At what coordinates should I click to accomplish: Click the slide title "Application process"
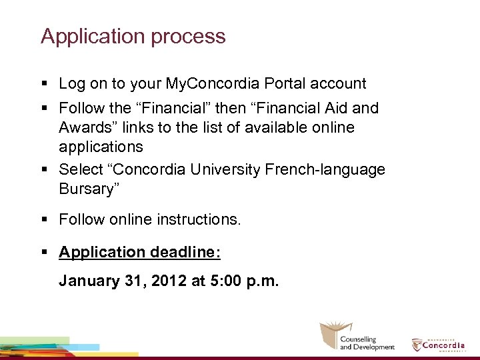[133, 36]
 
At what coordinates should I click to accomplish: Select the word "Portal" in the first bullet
[287, 84]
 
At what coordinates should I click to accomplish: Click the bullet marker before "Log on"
[44, 85]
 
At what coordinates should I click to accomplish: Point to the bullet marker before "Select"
[44, 170]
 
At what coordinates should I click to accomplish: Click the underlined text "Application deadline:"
[140, 252]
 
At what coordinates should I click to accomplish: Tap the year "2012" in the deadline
[169, 281]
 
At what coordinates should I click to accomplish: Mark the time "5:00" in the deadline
[224, 281]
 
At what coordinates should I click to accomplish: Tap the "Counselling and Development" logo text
[367, 343]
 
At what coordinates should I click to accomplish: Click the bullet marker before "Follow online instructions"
[44, 219]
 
